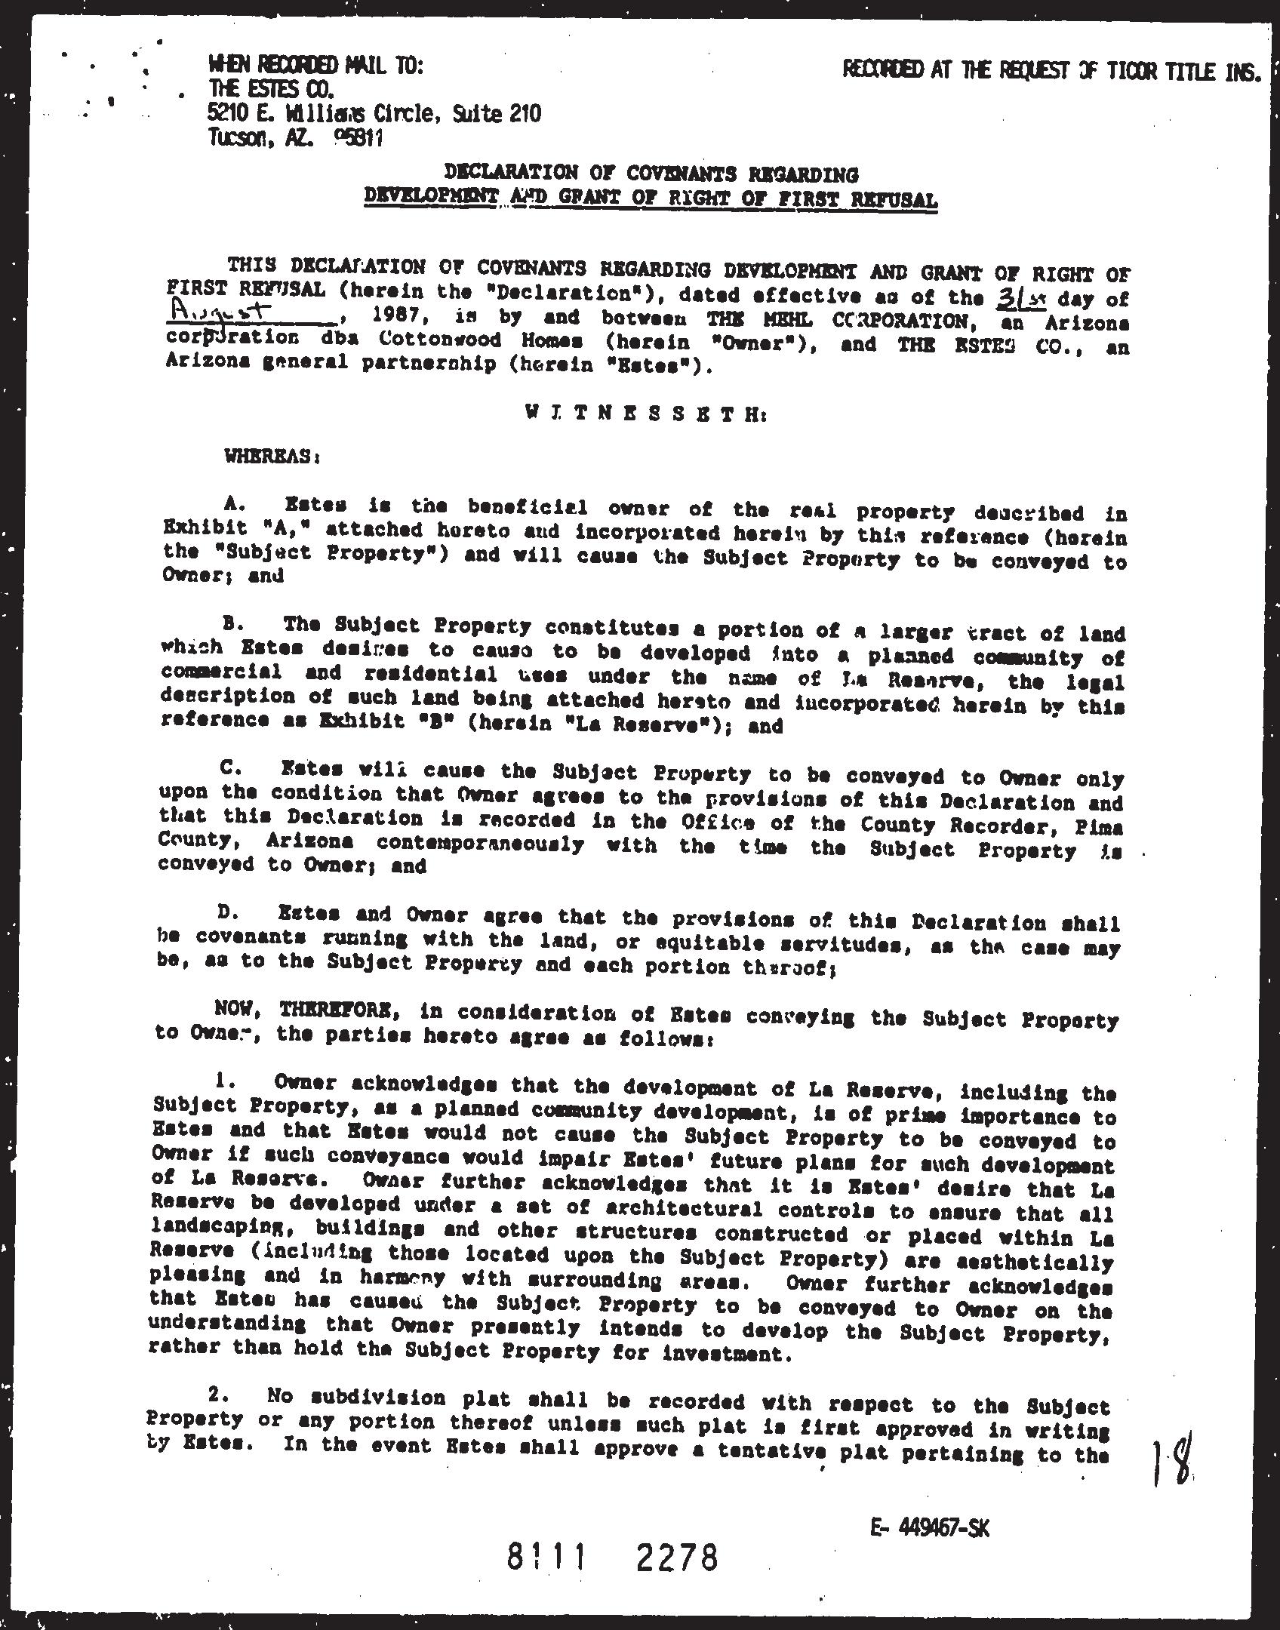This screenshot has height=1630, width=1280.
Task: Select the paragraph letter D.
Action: click(224, 913)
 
